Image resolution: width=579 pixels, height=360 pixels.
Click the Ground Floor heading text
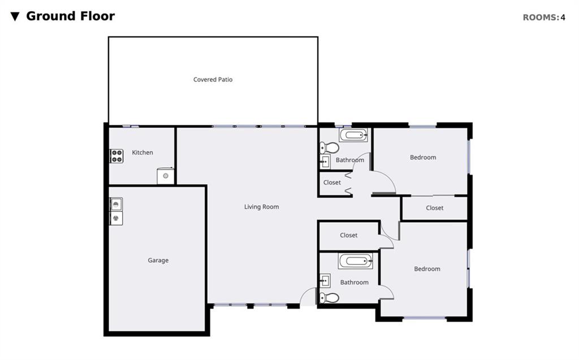click(x=70, y=16)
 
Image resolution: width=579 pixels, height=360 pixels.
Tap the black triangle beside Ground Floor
click(x=15, y=16)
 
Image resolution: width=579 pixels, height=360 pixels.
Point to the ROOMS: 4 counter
click(x=543, y=18)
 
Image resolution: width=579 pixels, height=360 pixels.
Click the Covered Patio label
click(x=213, y=79)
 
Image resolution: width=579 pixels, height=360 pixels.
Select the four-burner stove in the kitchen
click(x=116, y=156)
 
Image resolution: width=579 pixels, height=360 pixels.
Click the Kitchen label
click(x=142, y=153)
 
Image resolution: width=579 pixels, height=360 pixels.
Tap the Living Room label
click(x=261, y=207)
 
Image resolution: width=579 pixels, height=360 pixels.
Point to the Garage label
click(x=158, y=261)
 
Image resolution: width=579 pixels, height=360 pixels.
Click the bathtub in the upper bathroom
click(x=353, y=135)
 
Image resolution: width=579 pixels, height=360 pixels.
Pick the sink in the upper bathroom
click(x=325, y=162)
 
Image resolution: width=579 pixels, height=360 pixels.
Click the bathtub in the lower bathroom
click(x=355, y=261)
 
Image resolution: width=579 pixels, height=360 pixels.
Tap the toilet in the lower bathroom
click(x=329, y=298)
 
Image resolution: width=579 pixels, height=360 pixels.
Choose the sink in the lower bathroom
click(x=325, y=281)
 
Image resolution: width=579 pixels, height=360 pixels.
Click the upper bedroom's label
click(x=423, y=157)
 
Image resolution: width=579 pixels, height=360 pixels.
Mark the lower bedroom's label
click(x=427, y=269)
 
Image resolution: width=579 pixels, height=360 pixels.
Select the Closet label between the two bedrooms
click(x=434, y=208)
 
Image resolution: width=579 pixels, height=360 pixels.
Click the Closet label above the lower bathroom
click(x=348, y=235)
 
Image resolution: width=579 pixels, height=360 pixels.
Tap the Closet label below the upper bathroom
click(x=332, y=183)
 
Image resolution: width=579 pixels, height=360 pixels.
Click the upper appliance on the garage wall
click(x=116, y=204)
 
